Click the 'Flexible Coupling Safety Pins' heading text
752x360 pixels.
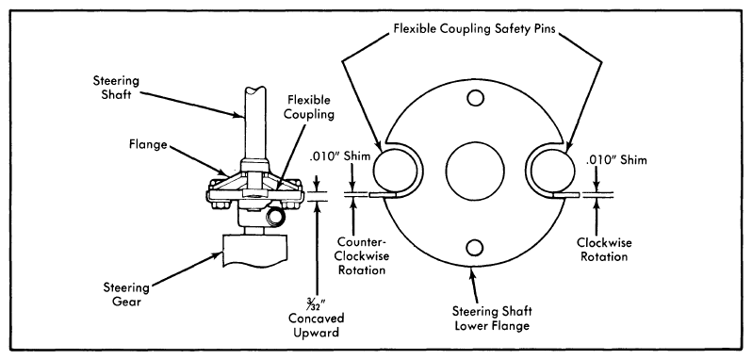tap(474, 28)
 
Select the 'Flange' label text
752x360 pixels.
tap(150, 144)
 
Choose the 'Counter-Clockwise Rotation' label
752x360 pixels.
tap(362, 255)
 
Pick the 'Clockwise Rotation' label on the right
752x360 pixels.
tap(604, 250)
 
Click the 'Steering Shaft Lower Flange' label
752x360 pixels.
tap(492, 319)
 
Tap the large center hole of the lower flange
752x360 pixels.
tap(474, 172)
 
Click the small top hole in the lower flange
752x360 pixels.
tap(475, 98)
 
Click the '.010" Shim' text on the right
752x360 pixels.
tap(616, 160)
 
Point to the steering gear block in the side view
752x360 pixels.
tap(254, 252)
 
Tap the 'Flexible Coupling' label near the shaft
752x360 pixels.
tap(309, 108)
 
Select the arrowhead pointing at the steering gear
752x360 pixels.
tap(219, 256)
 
